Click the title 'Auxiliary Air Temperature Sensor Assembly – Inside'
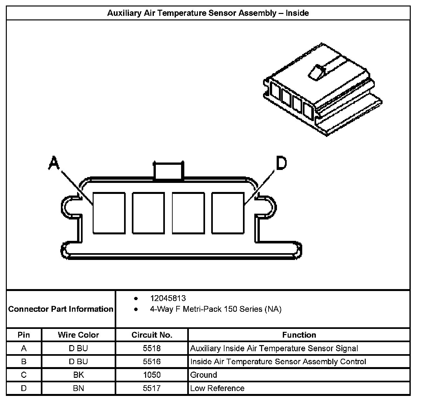point(208,13)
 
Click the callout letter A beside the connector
point(54,163)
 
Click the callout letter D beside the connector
point(281,163)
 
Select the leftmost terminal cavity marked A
point(109,213)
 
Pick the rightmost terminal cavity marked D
point(228,213)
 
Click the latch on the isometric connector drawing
point(316,72)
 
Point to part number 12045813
point(168,298)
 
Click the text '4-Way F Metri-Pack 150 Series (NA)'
point(215,309)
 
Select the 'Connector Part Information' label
point(61,309)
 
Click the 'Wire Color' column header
point(78,335)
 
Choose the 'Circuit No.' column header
point(152,335)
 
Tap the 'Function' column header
point(299,335)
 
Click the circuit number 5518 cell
point(152,349)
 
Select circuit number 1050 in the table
point(152,375)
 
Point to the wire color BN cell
point(78,388)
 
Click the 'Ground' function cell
point(204,375)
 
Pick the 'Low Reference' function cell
point(217,388)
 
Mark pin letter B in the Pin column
point(24,362)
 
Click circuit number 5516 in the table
point(152,362)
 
